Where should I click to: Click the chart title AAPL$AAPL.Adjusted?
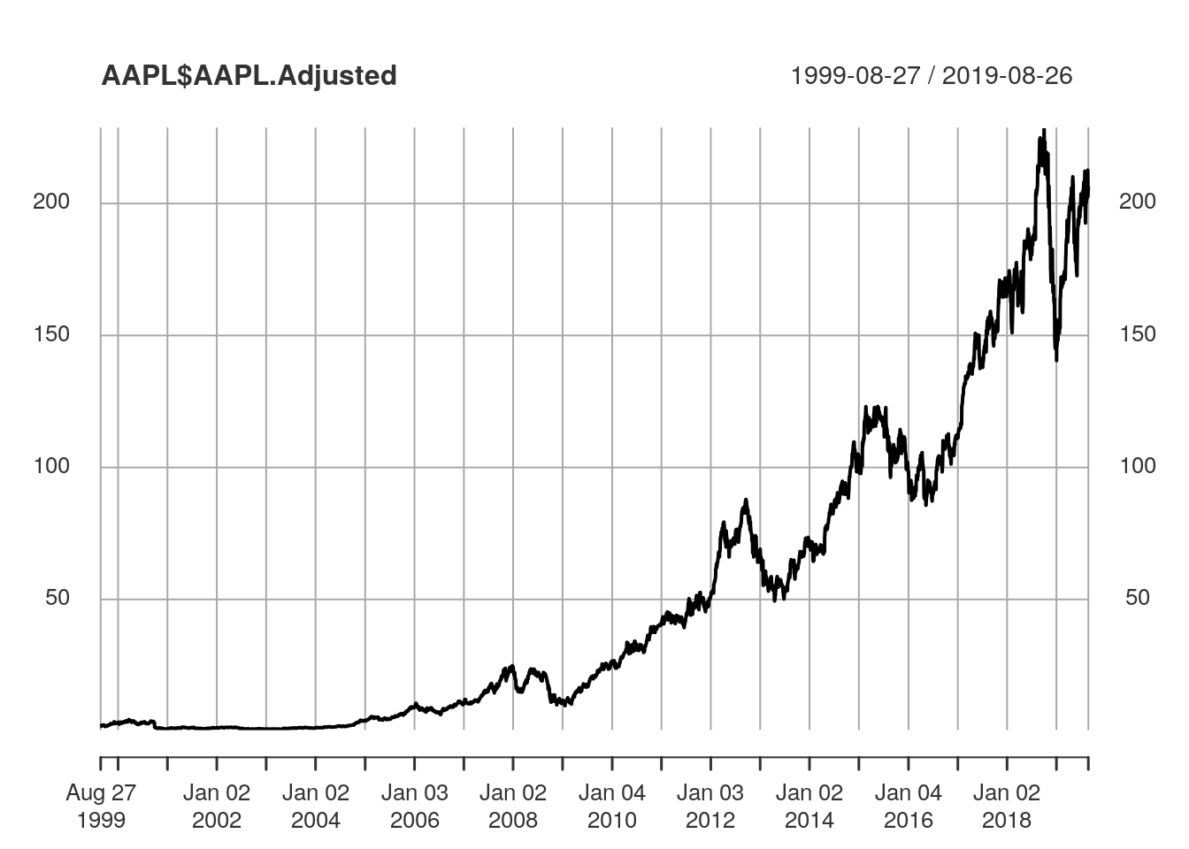(x=249, y=76)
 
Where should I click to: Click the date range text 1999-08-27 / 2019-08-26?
(x=931, y=76)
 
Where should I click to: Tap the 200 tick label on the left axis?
(x=50, y=202)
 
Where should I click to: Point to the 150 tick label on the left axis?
(x=50, y=334)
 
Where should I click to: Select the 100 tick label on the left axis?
(x=50, y=466)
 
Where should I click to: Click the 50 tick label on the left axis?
(x=57, y=598)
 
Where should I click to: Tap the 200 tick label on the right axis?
(x=1137, y=202)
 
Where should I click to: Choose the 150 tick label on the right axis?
(x=1137, y=334)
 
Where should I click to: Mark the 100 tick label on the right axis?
(x=1137, y=466)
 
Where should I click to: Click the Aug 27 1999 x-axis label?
(x=101, y=807)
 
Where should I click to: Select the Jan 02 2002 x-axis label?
(x=217, y=807)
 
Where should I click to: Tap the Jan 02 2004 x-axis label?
(x=316, y=807)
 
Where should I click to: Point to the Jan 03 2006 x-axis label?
(x=415, y=807)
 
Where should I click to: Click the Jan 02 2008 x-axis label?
(x=513, y=807)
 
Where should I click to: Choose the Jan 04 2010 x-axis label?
(x=612, y=807)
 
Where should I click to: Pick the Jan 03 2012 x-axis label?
(x=710, y=807)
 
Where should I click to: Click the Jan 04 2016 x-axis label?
(x=909, y=807)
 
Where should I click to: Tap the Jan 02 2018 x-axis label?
(x=1007, y=807)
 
